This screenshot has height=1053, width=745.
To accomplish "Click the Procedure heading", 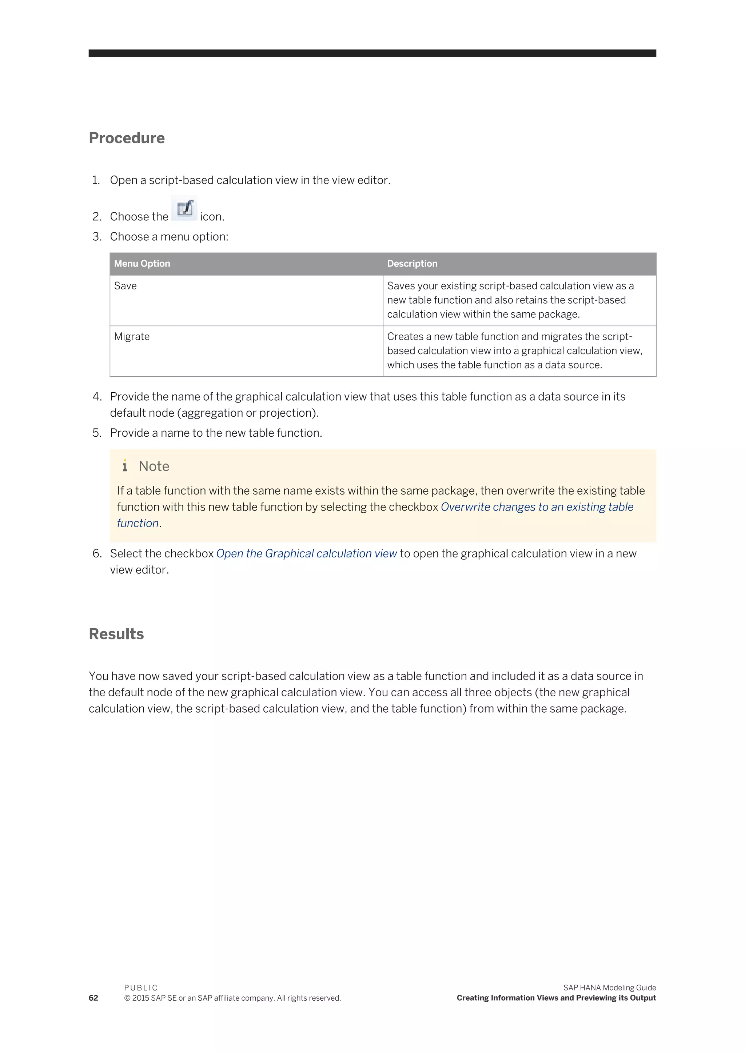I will (127, 138).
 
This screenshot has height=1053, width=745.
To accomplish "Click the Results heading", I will (116, 634).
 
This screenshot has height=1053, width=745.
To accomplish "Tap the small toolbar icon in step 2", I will (184, 209).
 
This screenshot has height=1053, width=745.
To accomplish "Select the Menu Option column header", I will (142, 264).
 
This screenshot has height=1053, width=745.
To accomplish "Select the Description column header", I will (412, 264).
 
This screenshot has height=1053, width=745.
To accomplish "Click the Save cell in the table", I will (125, 286).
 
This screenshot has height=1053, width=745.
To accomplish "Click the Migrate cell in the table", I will (132, 337).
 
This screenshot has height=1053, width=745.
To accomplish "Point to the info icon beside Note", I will (125, 466).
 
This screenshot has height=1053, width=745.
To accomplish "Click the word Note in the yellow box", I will (154, 467).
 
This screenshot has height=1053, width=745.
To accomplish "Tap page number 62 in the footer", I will (93, 998).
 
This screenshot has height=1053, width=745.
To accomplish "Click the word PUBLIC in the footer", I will (141, 988).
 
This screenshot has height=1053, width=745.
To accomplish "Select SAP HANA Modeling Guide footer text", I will (609, 988).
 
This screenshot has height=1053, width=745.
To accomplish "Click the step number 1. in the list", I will (96, 180).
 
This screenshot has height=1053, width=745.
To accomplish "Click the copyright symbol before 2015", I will (127, 998).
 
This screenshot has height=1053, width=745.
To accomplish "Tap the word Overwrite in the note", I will (465, 507).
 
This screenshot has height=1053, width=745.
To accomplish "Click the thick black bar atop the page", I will (372, 53).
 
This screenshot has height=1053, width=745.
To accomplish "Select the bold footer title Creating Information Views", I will (556, 998).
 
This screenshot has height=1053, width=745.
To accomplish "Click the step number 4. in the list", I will (97, 397).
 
